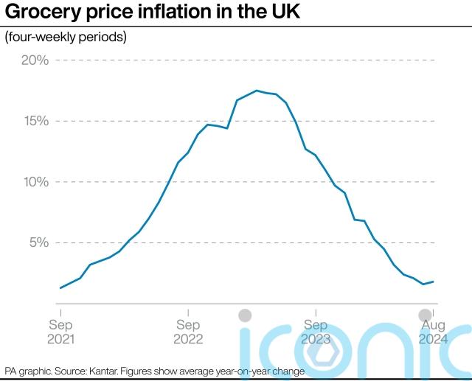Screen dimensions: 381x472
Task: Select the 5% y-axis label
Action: pos(38,242)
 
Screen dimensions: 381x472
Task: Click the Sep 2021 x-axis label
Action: pos(60,332)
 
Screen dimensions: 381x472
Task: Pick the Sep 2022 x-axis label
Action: pos(188,332)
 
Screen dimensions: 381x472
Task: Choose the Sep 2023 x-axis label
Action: pos(316,332)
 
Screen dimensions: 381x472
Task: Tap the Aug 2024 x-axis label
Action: pos(432,332)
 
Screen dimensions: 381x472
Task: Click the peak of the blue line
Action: pos(256,91)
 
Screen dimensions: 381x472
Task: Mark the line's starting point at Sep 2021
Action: pos(60,287)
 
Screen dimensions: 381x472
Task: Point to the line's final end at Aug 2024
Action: pos(433,282)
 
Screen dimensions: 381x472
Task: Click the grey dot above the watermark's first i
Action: pos(246,315)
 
